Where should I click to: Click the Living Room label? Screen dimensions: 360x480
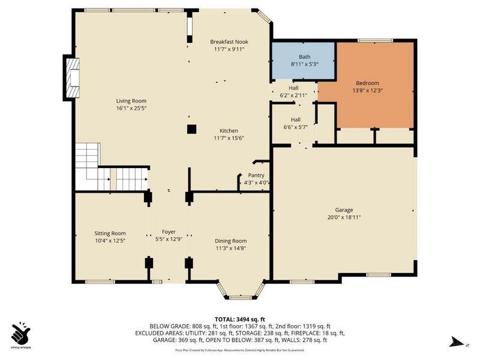coord(131,101)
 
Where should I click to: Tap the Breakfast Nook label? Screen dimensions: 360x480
coord(229,41)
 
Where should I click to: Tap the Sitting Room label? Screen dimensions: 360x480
coord(110,233)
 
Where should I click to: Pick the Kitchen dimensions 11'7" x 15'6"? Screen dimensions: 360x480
coord(229,138)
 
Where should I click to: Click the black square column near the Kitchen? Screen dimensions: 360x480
coord(191,128)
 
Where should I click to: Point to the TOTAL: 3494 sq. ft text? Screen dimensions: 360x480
coord(240,319)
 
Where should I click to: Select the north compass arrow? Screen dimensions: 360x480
coord(457,343)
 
